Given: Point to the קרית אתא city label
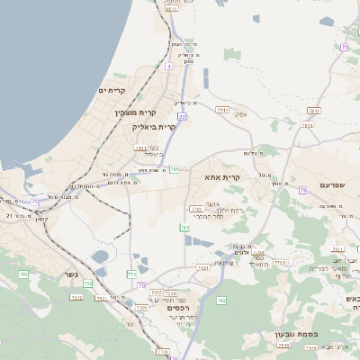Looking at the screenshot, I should (x=221, y=178).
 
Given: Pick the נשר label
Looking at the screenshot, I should (x=71, y=274).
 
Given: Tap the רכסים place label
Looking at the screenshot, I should (x=182, y=306).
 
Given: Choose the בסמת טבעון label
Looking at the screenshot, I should (x=271, y=334).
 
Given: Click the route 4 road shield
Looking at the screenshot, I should (x=168, y=66).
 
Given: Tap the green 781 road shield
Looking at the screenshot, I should (x=175, y=168).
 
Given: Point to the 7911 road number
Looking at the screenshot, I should (x=223, y=109).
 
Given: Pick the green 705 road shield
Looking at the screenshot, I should (x=22, y=274).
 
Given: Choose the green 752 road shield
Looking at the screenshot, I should (x=87, y=283).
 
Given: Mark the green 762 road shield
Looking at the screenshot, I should (x=132, y=273).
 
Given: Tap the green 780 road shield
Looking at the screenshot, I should (x=184, y=228).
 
